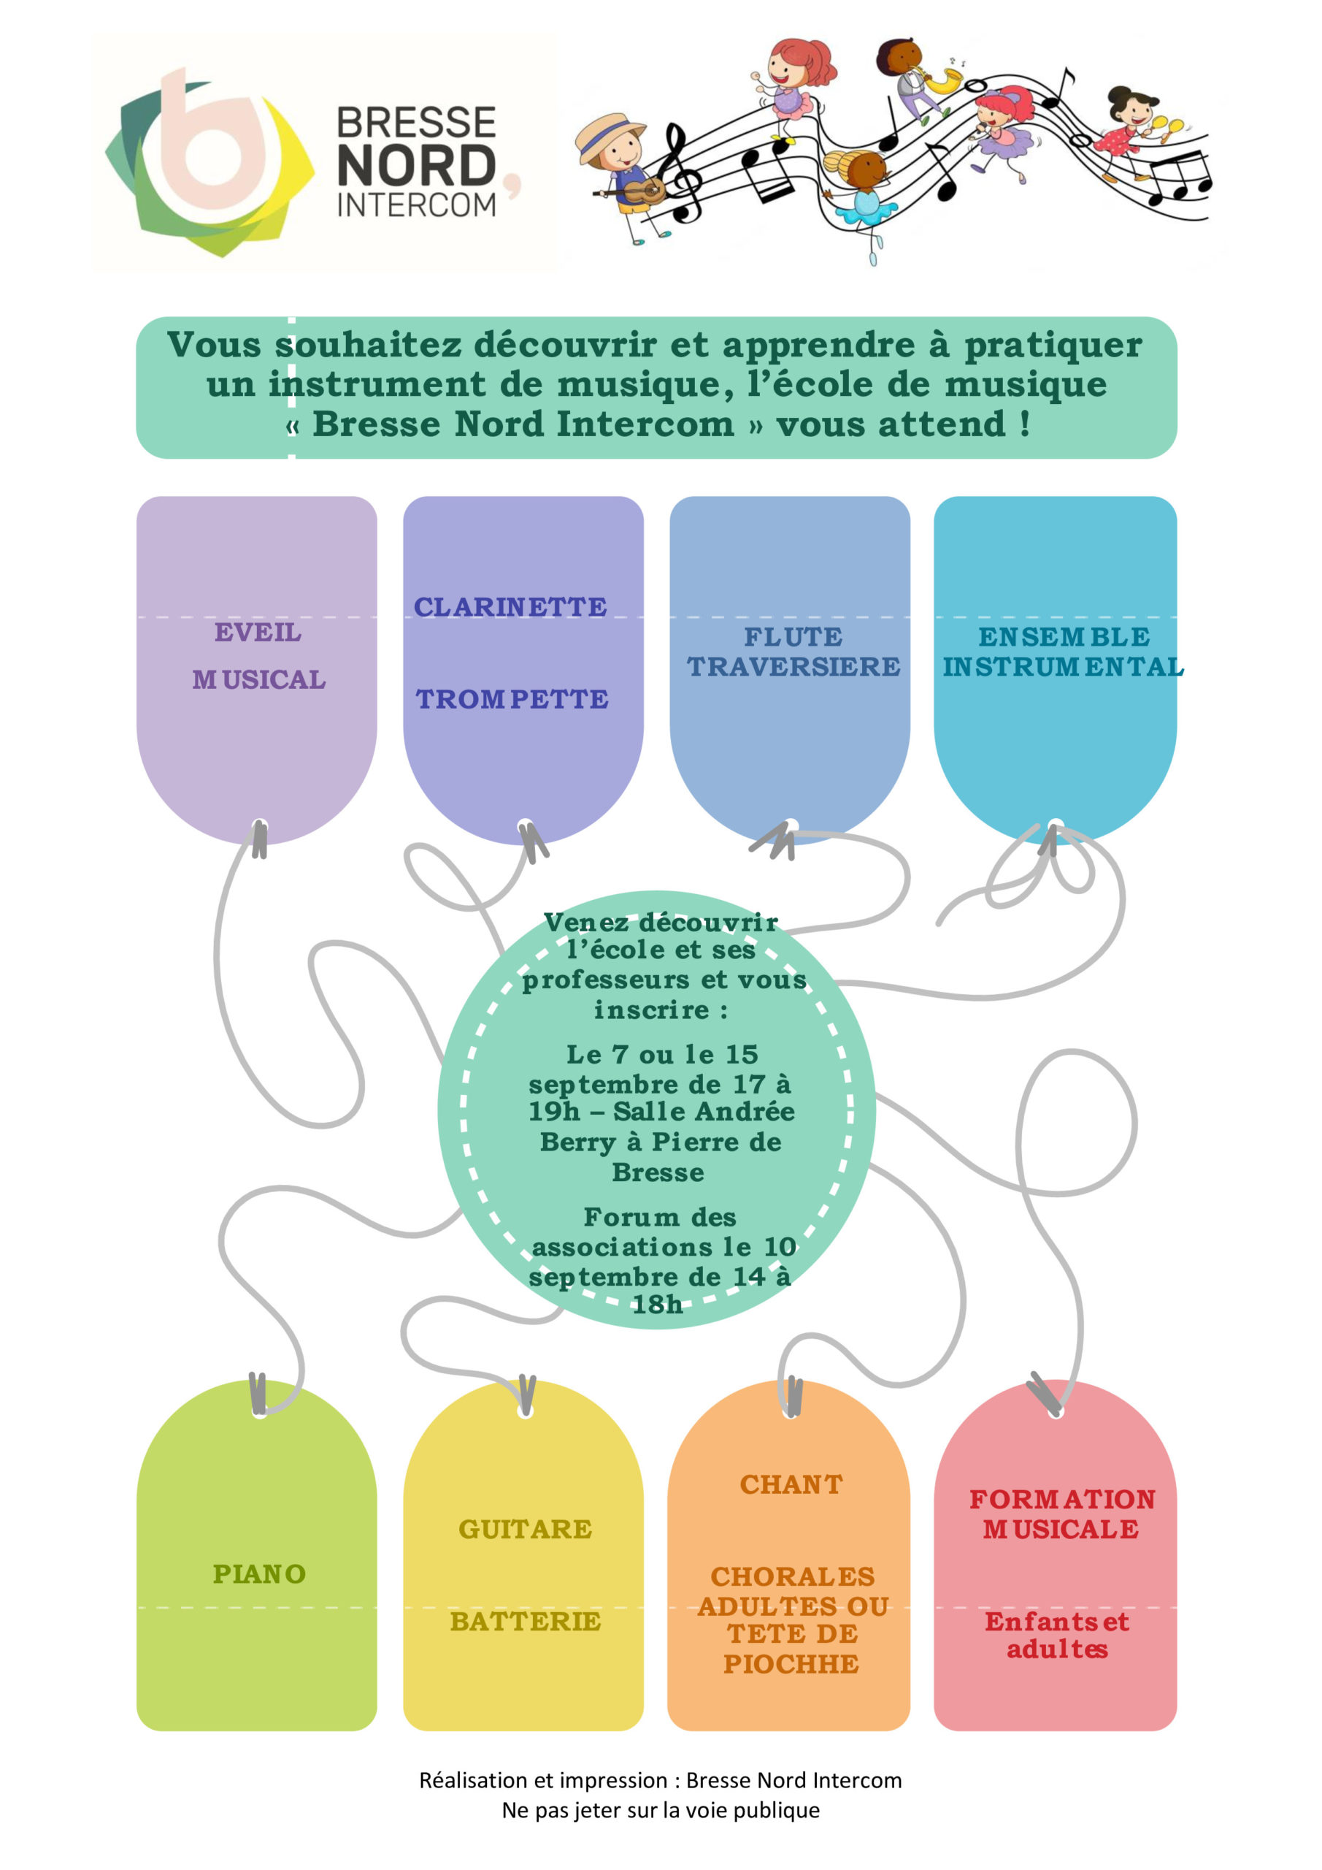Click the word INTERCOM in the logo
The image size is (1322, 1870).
(x=416, y=205)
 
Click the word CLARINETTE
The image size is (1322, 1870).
(x=510, y=607)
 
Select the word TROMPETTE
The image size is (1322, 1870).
(x=512, y=699)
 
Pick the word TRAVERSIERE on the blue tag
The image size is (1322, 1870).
(x=793, y=667)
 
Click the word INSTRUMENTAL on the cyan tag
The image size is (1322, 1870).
(x=1063, y=667)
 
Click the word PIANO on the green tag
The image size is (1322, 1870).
(x=259, y=1573)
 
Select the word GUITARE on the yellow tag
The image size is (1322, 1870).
(x=525, y=1529)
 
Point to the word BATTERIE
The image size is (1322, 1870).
(x=525, y=1622)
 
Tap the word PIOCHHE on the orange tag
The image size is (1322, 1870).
(x=791, y=1664)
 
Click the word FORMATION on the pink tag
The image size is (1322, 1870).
(x=1062, y=1499)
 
